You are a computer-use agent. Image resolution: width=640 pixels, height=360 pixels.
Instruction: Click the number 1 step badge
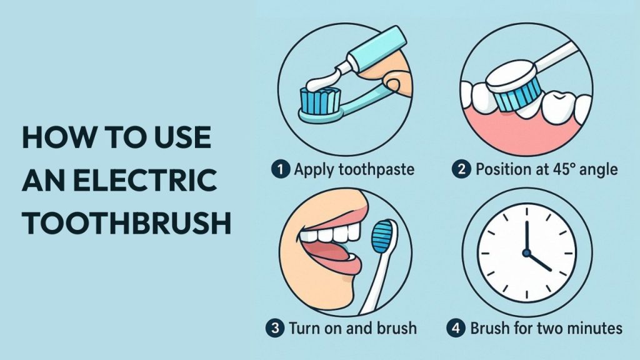[281, 169]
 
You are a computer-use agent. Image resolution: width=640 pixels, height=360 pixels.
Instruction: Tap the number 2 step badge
[461, 169]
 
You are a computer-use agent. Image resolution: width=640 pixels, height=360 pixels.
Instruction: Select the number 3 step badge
[275, 328]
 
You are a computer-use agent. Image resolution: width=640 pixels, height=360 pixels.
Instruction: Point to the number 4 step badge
[456, 328]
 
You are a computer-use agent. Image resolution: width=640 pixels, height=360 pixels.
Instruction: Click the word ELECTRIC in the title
[147, 180]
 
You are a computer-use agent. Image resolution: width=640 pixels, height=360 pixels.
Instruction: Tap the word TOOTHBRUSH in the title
[127, 223]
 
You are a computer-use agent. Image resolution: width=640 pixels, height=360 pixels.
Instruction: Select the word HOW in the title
[58, 137]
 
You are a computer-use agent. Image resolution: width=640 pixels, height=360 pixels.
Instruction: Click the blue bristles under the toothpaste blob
[321, 101]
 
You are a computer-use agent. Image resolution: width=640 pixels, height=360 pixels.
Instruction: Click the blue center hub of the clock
[526, 253]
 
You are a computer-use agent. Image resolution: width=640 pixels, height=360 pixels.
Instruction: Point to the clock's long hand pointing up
[526, 237]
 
